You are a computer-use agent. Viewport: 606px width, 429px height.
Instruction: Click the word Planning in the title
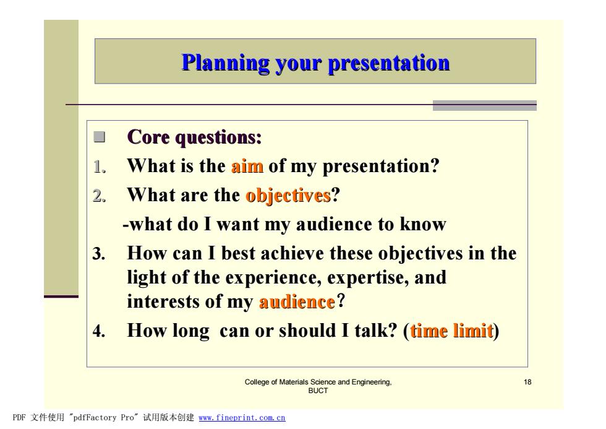226,63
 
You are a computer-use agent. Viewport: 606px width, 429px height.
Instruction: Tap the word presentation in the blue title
389,63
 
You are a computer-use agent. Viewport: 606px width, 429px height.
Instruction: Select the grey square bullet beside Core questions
100,137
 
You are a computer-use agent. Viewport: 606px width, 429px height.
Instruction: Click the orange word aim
247,167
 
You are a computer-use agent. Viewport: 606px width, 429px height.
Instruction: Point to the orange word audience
297,301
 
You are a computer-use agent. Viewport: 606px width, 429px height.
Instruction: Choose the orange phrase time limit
452,331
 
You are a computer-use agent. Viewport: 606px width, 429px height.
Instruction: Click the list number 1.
100,167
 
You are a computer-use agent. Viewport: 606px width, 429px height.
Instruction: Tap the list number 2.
100,196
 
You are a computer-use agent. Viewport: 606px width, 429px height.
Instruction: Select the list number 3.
99,254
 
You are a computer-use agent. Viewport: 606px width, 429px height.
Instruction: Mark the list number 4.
99,331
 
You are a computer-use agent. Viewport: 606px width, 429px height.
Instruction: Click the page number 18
527,382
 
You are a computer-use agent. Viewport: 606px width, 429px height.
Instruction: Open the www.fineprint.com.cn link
242,418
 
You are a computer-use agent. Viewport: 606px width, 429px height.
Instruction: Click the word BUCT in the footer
318,391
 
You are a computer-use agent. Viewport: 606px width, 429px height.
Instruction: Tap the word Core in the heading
148,137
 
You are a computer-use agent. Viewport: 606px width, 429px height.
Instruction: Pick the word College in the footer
257,383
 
